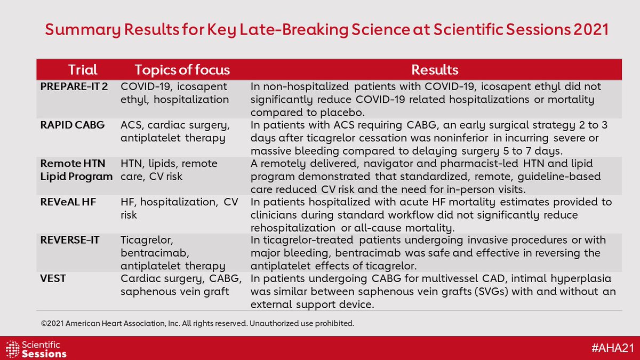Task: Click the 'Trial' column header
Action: [83, 70]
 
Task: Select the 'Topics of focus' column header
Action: [182, 70]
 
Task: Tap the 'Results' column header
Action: [435, 70]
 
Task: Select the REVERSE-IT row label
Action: [69, 241]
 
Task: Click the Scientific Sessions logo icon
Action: [13, 348]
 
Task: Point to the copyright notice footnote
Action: [197, 323]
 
